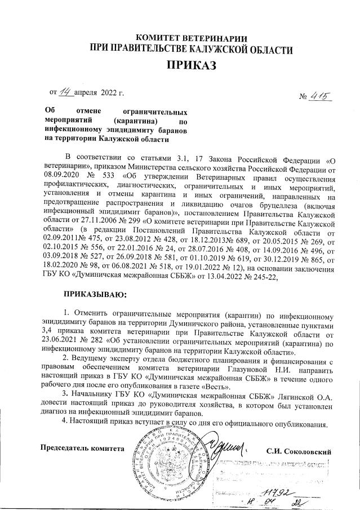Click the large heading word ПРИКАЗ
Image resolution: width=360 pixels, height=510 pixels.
point(191,66)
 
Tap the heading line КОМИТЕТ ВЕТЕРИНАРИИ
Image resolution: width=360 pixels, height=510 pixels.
point(191,38)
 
